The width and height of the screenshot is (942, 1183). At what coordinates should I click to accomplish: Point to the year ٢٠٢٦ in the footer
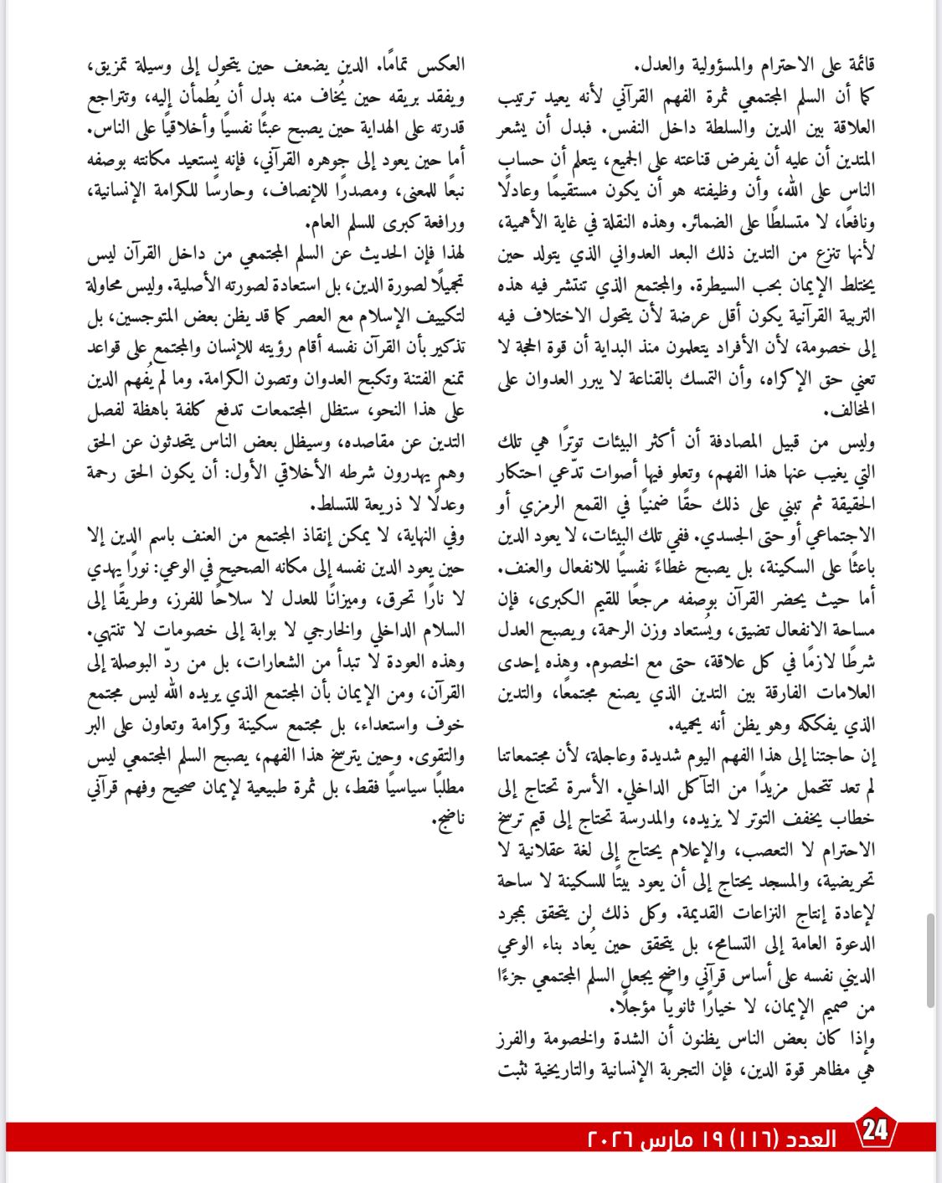click(611, 1139)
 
